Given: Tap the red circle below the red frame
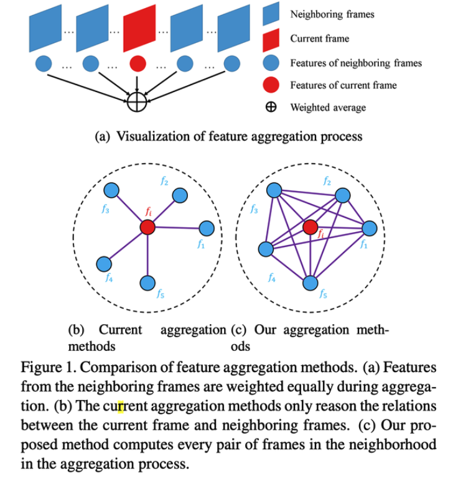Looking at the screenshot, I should point(138,63).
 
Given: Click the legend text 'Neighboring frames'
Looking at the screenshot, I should point(332,14).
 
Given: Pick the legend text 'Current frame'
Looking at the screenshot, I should point(319,39).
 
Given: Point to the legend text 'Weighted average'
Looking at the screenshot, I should point(328,107).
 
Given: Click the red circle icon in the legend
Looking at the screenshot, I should point(272,85).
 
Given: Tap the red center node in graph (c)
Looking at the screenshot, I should point(310,227).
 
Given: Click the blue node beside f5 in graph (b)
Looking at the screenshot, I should point(147,283).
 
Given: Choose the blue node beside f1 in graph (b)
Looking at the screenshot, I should point(206,228).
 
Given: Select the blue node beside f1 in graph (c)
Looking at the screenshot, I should point(370,228).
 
